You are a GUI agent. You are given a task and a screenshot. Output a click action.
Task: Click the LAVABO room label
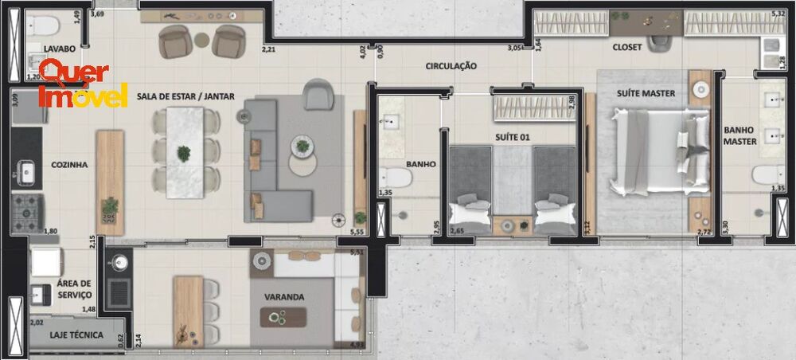click(60, 49)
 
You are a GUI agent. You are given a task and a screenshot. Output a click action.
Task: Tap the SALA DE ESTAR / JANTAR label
click(185, 96)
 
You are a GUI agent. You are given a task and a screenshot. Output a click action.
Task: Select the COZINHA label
click(69, 165)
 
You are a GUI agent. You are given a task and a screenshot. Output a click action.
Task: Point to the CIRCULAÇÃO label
click(451, 66)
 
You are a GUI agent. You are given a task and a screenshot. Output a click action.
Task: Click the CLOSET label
click(626, 48)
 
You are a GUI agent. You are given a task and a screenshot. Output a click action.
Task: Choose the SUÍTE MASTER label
click(646, 93)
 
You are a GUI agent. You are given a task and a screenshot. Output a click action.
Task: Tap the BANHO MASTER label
click(739, 136)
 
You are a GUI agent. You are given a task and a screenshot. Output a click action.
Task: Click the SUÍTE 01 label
click(513, 137)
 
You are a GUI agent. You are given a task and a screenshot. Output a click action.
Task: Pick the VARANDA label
click(284, 297)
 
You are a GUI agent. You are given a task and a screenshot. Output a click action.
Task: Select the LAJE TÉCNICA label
click(76, 335)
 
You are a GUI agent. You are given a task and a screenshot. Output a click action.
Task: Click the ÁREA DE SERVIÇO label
click(74, 289)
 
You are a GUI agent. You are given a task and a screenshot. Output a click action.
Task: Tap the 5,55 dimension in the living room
click(358, 232)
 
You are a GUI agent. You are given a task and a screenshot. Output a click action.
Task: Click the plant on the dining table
click(185, 152)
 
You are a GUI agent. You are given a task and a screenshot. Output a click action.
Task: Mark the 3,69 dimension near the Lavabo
click(97, 14)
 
